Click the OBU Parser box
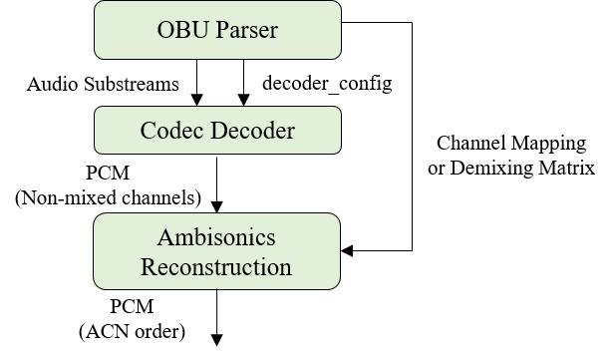(x=217, y=30)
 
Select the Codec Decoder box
(x=217, y=131)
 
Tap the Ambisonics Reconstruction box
(x=217, y=252)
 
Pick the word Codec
(x=170, y=131)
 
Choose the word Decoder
(x=250, y=131)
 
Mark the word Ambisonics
(x=216, y=239)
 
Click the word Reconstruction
(x=216, y=267)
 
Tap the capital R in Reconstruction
(x=149, y=267)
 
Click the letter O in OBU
(x=165, y=30)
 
